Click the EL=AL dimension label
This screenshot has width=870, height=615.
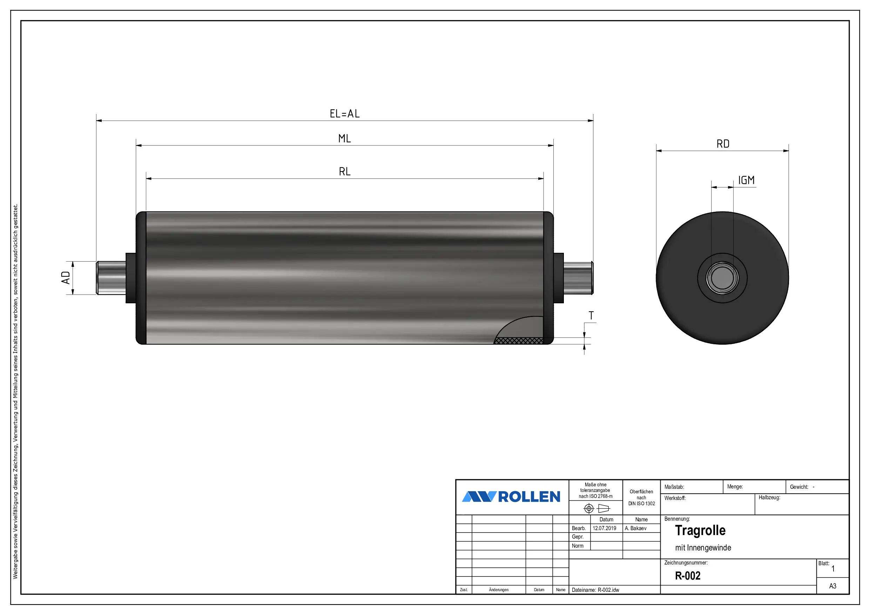click(x=344, y=114)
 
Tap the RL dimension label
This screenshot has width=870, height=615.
click(x=344, y=172)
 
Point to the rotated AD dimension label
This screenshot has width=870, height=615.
click(x=66, y=277)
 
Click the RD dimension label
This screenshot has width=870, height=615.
click(x=723, y=144)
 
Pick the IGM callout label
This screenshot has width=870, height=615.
click(x=746, y=180)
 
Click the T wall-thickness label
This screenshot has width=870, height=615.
click(x=591, y=315)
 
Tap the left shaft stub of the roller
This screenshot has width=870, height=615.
click(x=111, y=278)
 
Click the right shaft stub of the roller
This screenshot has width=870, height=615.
click(x=578, y=278)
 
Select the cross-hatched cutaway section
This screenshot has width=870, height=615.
click(x=518, y=341)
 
